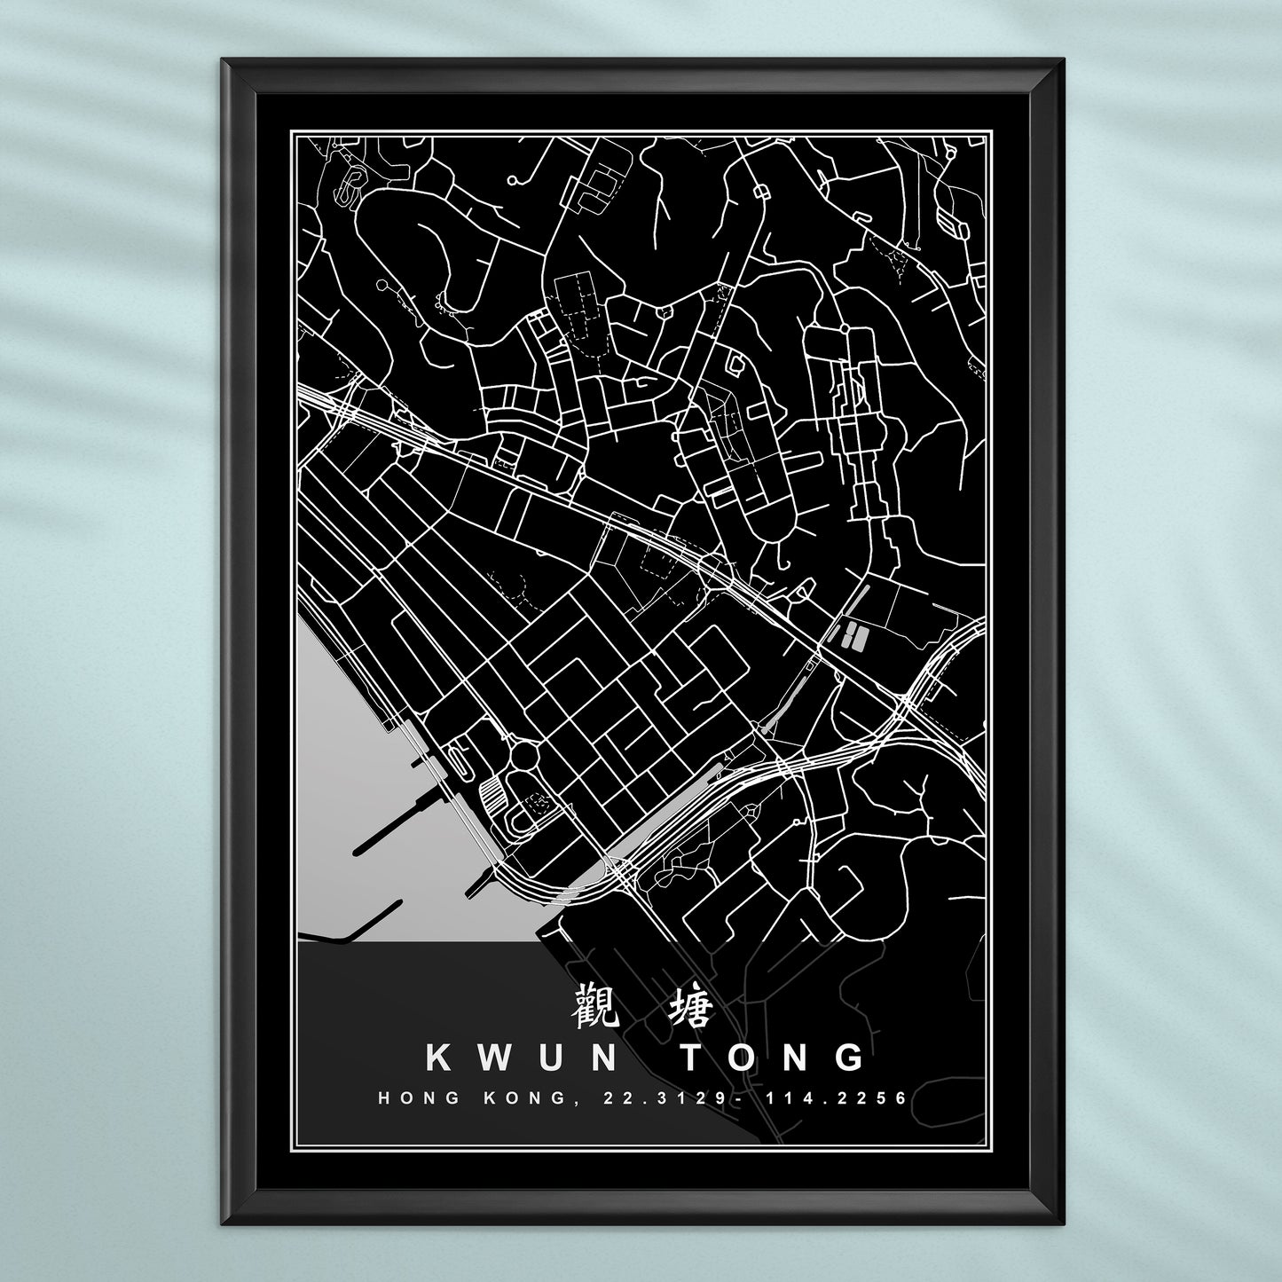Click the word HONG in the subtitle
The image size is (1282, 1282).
coord(420,1098)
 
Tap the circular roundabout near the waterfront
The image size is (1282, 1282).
coord(524,754)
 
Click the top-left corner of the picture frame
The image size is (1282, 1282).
coord(224,60)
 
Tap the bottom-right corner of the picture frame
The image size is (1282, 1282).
coord(1062,1223)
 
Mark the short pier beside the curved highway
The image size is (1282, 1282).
coord(480,881)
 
